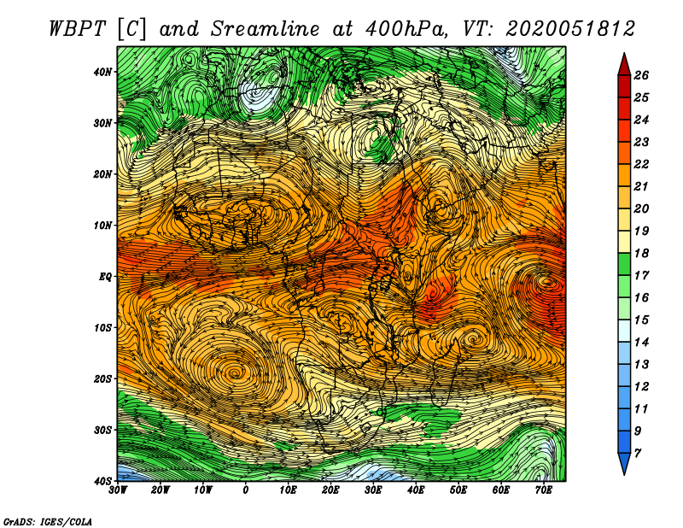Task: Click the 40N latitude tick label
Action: click(102, 72)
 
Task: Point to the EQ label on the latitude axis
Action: click(105, 277)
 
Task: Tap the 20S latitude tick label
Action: click(102, 378)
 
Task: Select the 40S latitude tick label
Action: click(102, 481)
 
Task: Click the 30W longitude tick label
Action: click(118, 490)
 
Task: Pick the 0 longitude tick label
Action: click(246, 490)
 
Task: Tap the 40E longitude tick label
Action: click(416, 490)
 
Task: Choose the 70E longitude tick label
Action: click(544, 490)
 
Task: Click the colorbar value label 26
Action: click(641, 75)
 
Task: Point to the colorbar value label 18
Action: click(641, 253)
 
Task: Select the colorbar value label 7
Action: click(638, 454)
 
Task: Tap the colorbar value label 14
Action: click(641, 343)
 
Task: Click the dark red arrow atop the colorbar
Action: click(624, 64)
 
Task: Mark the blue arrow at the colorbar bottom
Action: click(624, 464)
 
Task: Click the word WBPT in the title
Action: click(78, 29)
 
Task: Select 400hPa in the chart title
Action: click(407, 29)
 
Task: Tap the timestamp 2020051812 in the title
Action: click(570, 29)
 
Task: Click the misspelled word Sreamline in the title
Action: click(265, 29)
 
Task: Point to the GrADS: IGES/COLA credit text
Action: click(48, 522)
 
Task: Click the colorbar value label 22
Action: click(641, 164)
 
